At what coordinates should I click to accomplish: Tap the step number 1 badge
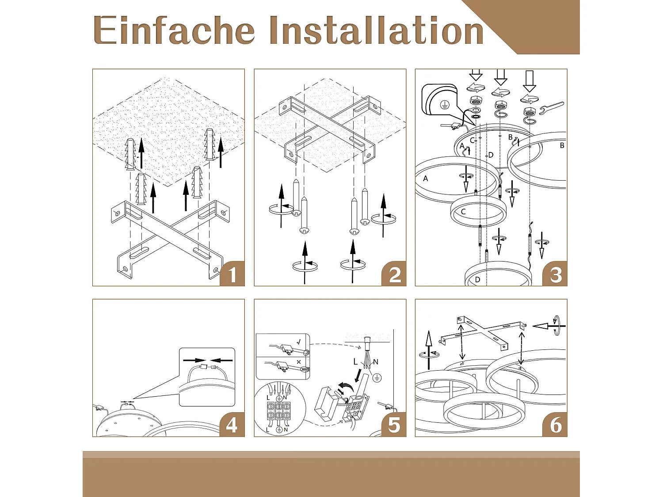(232, 274)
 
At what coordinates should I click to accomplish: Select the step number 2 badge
(393, 274)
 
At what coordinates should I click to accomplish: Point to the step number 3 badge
(555, 274)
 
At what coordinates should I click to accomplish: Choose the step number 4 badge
(232, 425)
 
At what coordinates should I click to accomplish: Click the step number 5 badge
(393, 425)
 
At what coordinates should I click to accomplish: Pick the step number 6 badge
(555, 425)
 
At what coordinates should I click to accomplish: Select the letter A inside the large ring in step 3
(426, 178)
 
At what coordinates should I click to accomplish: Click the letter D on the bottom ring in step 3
(477, 280)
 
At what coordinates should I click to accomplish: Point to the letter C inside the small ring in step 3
(463, 212)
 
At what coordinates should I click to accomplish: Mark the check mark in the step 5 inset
(298, 342)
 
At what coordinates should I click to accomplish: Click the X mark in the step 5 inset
(299, 362)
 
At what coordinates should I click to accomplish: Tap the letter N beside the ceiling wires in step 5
(376, 362)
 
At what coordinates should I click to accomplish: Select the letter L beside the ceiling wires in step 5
(355, 361)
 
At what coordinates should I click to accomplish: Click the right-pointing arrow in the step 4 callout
(194, 360)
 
